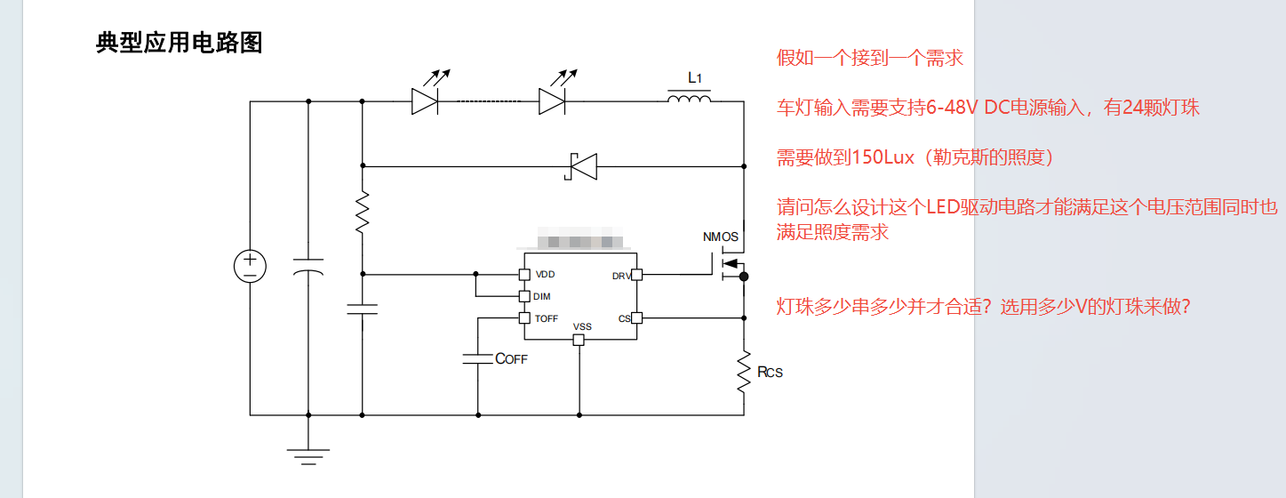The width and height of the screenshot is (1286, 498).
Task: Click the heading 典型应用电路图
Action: (179, 43)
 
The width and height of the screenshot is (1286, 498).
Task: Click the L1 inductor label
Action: (695, 78)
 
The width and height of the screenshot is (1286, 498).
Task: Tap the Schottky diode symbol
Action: (583, 166)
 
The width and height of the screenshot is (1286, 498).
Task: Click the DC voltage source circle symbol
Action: (250, 267)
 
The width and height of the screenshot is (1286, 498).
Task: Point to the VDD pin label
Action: (545, 275)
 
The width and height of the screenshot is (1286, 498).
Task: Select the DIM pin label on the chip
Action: (541, 296)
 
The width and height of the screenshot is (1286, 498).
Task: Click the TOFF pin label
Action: (547, 318)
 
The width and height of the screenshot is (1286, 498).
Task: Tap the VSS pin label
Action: (582, 327)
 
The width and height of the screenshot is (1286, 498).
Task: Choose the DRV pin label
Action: (621, 277)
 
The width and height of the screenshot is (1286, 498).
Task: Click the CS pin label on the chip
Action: (624, 318)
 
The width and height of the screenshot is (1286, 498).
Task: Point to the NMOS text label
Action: (721, 237)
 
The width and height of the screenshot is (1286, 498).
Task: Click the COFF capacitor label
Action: (511, 359)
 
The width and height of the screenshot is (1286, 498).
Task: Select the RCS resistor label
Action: (770, 372)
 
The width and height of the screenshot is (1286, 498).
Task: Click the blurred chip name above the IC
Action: (581, 241)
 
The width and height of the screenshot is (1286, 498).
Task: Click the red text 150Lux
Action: (883, 158)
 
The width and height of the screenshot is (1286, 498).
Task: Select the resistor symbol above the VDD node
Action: (363, 213)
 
